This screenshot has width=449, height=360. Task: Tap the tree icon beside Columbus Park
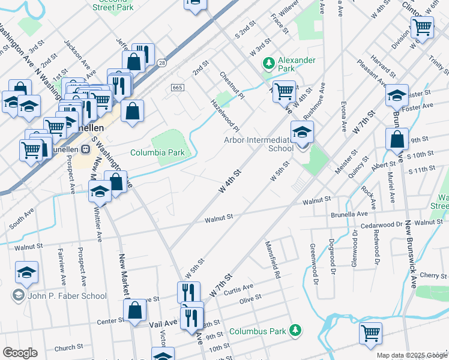click(x=295, y=330)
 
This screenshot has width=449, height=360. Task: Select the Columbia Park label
click(x=157, y=152)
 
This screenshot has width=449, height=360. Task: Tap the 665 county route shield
click(x=176, y=88)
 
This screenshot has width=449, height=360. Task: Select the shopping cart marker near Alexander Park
click(x=284, y=91)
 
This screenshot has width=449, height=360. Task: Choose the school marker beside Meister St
click(x=396, y=94)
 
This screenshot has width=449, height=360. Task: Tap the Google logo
click(x=19, y=353)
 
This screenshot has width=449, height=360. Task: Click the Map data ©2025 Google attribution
click(x=412, y=355)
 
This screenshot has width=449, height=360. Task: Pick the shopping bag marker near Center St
click(x=135, y=310)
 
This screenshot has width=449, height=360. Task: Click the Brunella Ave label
click(x=349, y=214)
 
